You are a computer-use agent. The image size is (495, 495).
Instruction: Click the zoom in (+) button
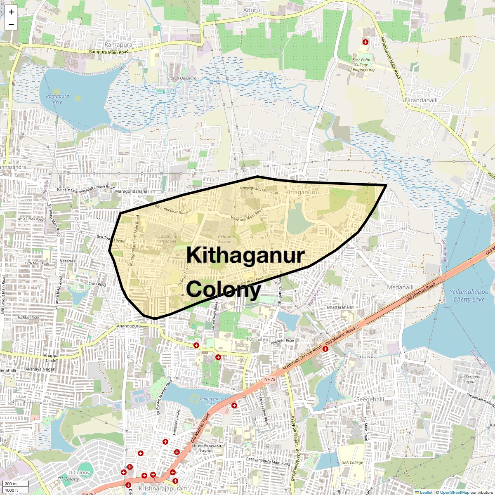(11, 12)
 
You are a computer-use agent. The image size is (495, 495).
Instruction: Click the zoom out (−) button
(11, 24)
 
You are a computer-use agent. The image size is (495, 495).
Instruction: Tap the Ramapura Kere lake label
(57, 99)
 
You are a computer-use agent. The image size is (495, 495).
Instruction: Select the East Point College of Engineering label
(361, 65)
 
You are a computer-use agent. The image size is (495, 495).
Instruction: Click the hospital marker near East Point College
(365, 42)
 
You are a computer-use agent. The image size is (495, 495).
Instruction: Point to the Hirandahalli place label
(421, 100)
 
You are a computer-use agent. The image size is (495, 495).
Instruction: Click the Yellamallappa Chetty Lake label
(469, 295)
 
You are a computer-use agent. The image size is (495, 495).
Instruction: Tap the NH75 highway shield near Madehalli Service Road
(269, 379)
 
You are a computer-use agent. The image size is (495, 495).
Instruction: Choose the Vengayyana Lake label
(210, 401)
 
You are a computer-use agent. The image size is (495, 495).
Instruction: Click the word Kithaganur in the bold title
(245, 255)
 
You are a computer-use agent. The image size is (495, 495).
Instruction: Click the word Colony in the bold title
(224, 289)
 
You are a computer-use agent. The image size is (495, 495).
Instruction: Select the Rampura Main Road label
(109, 52)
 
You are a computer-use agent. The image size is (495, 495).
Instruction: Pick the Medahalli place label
(400, 287)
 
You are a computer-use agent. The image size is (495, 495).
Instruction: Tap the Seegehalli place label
(370, 399)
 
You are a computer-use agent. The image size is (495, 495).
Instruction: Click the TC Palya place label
(257, 339)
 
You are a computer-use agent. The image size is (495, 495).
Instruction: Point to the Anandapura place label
(129, 326)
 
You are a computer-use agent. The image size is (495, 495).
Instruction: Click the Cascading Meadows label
(168, 238)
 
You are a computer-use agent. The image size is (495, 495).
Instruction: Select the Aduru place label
(252, 10)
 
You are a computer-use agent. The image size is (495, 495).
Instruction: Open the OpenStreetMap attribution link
(454, 492)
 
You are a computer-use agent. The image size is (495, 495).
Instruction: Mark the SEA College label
(353, 462)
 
